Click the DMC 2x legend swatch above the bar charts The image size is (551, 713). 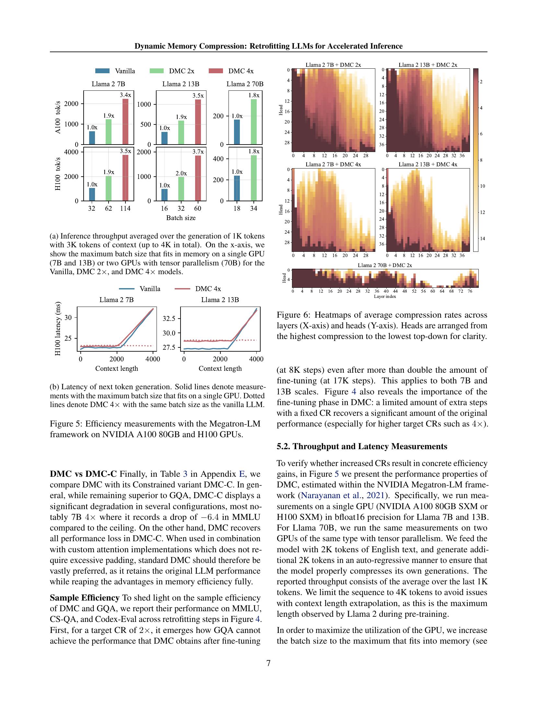(x=156, y=71)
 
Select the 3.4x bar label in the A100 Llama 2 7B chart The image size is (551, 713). (x=125, y=95)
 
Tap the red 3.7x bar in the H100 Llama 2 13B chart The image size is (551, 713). (x=198, y=178)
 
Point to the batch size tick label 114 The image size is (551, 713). (x=125, y=208)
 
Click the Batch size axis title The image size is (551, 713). (x=181, y=218)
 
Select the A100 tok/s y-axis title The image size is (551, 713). (x=58, y=118)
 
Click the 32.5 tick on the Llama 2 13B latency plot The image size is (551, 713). (x=169, y=318)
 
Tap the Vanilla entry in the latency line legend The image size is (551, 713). (x=150, y=288)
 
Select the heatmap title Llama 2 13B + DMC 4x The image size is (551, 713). (x=428, y=164)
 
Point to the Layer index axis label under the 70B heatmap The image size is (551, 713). (x=385, y=297)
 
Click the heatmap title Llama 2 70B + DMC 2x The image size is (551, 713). (x=385, y=265)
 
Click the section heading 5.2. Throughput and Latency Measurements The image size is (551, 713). (x=362, y=446)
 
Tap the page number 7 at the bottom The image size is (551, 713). (x=268, y=663)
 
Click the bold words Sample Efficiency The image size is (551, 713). (x=85, y=598)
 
